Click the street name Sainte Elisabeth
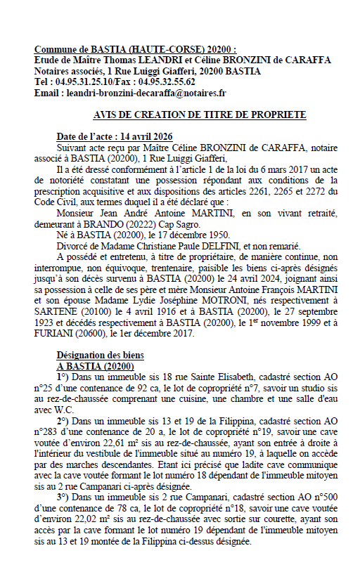click(x=191, y=377)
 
